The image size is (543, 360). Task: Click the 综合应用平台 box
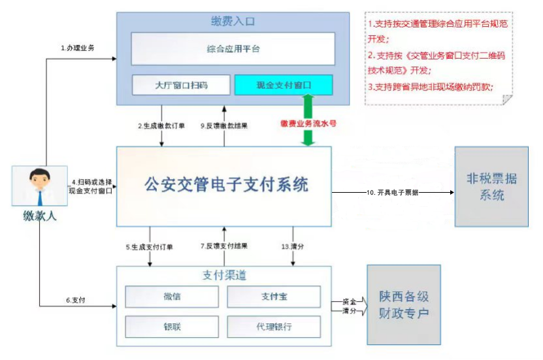pyautogui.click(x=233, y=48)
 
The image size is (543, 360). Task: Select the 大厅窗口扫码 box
pyautogui.click(x=182, y=85)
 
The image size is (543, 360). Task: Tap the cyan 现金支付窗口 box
pyautogui.click(x=283, y=85)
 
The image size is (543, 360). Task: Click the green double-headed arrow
pyautogui.click(x=308, y=120)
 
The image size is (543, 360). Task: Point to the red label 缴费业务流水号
pyautogui.click(x=308, y=123)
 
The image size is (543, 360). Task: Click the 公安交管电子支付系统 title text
pyautogui.click(x=226, y=184)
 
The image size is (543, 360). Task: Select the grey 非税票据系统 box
pyautogui.click(x=491, y=186)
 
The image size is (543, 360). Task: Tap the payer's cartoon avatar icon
pyautogui.click(x=40, y=187)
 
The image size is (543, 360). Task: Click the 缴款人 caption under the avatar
pyautogui.click(x=40, y=216)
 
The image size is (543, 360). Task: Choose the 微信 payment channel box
pyautogui.click(x=172, y=297)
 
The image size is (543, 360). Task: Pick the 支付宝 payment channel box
pyautogui.click(x=274, y=297)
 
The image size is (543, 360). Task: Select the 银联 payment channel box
pyautogui.click(x=172, y=326)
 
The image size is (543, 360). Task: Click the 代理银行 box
pyautogui.click(x=274, y=326)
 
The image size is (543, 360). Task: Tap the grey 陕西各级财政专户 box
pyautogui.click(x=404, y=304)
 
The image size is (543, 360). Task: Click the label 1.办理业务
pyautogui.click(x=78, y=48)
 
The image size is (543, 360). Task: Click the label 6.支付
pyautogui.click(x=76, y=300)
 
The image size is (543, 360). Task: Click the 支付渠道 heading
pyautogui.click(x=224, y=275)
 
